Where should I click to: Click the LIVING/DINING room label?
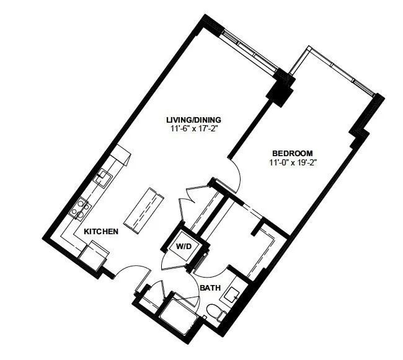click(x=193, y=120)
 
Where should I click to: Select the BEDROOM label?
click(x=293, y=153)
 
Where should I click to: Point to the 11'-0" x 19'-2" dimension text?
click(x=292, y=162)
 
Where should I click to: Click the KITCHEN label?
click(x=101, y=232)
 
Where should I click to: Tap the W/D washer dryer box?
click(x=184, y=247)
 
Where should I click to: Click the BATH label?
click(x=210, y=288)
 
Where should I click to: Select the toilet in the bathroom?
click(x=216, y=312)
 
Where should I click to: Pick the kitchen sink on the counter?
click(x=104, y=177)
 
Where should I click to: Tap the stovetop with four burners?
click(x=81, y=208)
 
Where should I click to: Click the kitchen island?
click(x=144, y=211)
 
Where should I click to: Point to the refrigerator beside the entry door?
click(x=94, y=255)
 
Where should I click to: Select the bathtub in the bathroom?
click(x=179, y=313)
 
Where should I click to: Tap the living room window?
click(x=249, y=50)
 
